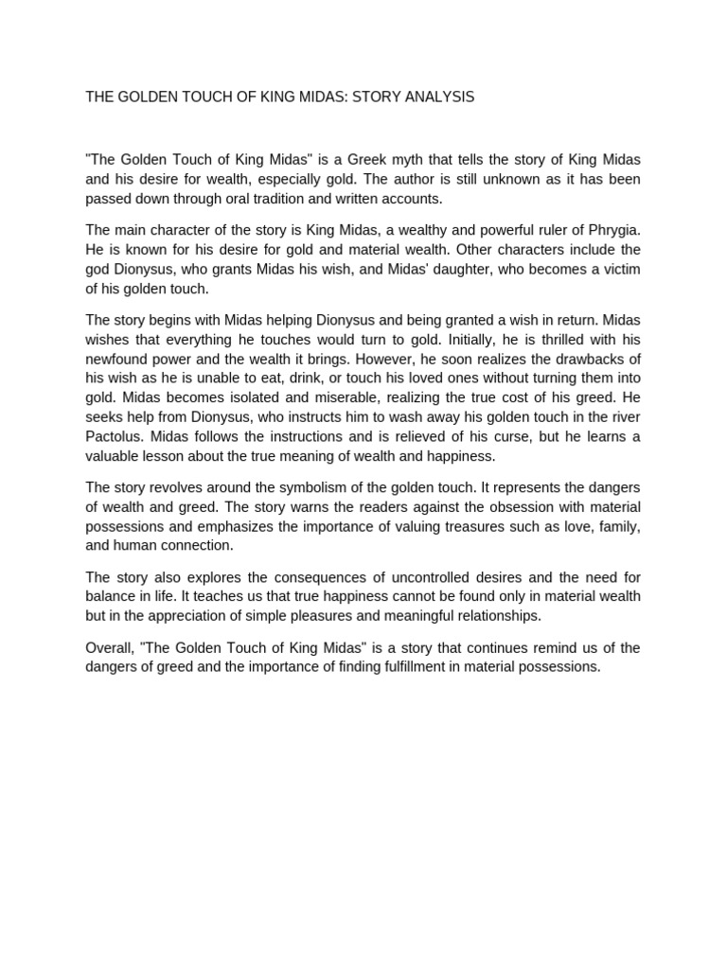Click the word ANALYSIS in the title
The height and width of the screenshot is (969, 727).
click(x=439, y=97)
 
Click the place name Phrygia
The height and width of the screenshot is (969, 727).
click(x=611, y=229)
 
